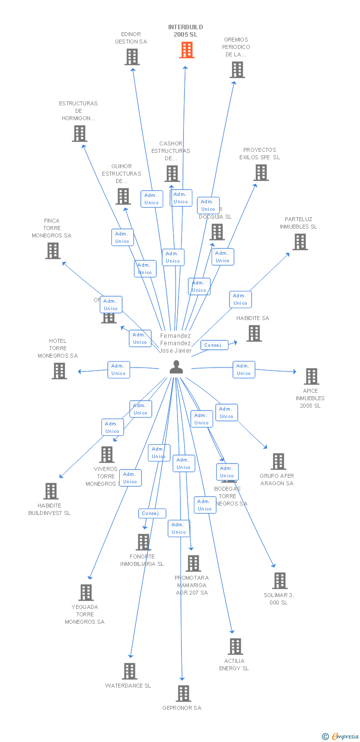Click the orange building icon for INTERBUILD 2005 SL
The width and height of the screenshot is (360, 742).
pyautogui.click(x=186, y=50)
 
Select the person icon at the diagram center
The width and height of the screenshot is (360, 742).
pyautogui.click(x=176, y=368)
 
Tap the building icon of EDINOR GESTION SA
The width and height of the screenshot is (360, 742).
pyautogui.click(x=132, y=57)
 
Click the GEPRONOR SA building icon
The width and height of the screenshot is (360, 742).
pyautogui.click(x=183, y=694)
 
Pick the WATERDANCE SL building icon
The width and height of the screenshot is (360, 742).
pyautogui.click(x=130, y=671)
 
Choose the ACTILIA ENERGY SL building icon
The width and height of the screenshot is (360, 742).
pyautogui.click(x=235, y=647)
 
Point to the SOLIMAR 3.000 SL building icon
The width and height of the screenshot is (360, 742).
pyautogui.click(x=279, y=581)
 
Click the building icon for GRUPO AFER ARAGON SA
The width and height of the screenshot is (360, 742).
pyautogui.click(x=278, y=462)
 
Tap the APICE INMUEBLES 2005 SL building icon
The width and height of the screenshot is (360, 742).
pyautogui.click(x=311, y=376)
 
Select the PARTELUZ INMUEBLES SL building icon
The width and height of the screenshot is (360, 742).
pyautogui.click(x=300, y=242)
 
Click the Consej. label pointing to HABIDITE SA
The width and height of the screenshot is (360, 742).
pyautogui.click(x=214, y=345)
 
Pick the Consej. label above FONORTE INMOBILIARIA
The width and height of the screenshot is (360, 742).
pyautogui.click(x=152, y=513)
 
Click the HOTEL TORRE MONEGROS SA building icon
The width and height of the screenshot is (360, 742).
pyautogui.click(x=59, y=371)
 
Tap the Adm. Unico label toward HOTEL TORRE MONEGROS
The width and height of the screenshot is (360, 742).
pyautogui.click(x=119, y=370)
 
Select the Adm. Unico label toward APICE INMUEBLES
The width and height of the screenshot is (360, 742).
pyautogui.click(x=244, y=370)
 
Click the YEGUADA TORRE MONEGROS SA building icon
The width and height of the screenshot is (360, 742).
pyautogui.click(x=86, y=593)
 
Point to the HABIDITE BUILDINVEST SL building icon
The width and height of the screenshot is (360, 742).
pyautogui.click(x=51, y=491)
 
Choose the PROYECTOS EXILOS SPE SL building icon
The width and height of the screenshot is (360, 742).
pyautogui.click(x=261, y=173)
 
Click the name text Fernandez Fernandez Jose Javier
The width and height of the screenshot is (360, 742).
pyautogui.click(x=176, y=343)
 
